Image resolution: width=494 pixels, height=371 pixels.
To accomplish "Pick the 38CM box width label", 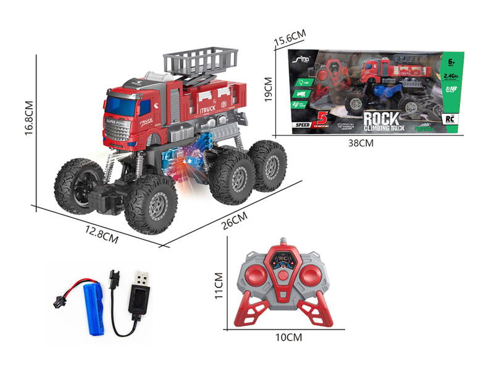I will point(362,143).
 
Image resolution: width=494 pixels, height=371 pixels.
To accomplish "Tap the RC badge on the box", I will point(450,117).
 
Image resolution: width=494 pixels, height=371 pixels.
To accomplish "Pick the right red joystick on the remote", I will point(315,277).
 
